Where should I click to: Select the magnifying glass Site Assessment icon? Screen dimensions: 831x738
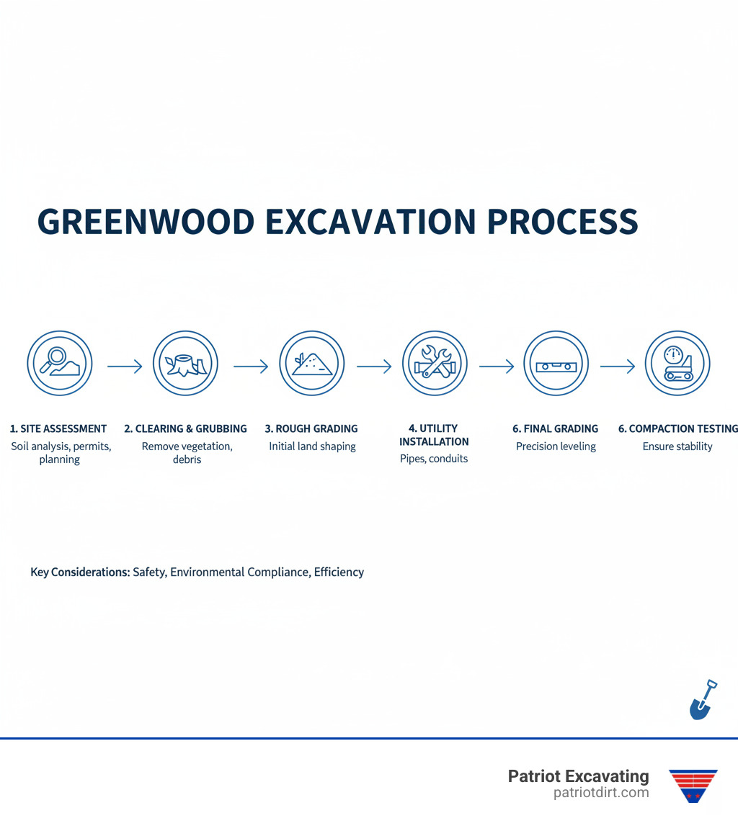[60, 364]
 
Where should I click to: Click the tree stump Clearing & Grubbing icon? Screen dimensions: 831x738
[185, 364]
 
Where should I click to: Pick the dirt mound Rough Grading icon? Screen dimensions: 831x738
[312, 364]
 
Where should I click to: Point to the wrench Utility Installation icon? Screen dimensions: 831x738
[435, 364]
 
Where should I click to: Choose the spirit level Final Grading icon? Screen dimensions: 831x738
[556, 364]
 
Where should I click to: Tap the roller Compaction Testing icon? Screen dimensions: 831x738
[677, 364]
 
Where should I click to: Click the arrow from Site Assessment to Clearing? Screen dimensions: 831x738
[125, 367]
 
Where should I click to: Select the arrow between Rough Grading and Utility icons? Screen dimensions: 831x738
[373, 367]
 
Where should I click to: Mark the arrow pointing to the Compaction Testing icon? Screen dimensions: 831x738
[617, 367]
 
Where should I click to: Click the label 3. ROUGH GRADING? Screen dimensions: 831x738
[311, 428]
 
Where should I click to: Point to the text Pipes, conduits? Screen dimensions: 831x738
[434, 459]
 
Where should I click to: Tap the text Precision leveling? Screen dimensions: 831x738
[556, 446]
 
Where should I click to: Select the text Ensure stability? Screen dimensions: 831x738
[677, 446]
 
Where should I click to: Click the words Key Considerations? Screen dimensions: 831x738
[80, 572]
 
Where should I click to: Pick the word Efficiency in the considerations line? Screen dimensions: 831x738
[339, 572]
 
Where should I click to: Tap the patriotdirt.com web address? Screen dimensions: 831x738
[601, 793]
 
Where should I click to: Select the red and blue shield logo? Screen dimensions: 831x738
[693, 785]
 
